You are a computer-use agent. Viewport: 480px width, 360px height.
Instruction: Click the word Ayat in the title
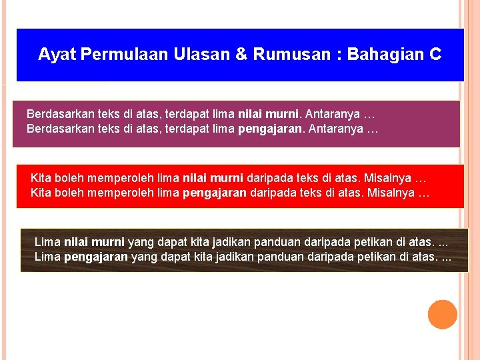pyautogui.click(x=56, y=55)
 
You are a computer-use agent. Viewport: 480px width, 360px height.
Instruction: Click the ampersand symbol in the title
pyautogui.click(x=241, y=55)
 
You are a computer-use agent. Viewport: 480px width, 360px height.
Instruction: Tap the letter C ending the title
pyautogui.click(x=435, y=55)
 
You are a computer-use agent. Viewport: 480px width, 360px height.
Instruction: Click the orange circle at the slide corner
pyautogui.click(x=442, y=315)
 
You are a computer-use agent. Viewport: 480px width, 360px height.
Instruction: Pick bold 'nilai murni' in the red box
pyautogui.click(x=212, y=179)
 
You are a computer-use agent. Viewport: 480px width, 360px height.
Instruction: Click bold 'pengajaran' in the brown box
pyautogui.click(x=95, y=257)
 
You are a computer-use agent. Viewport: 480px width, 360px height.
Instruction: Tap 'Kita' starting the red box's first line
pyautogui.click(x=41, y=179)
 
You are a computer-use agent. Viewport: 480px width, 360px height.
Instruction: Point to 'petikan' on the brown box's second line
pyautogui.click(x=380, y=257)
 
